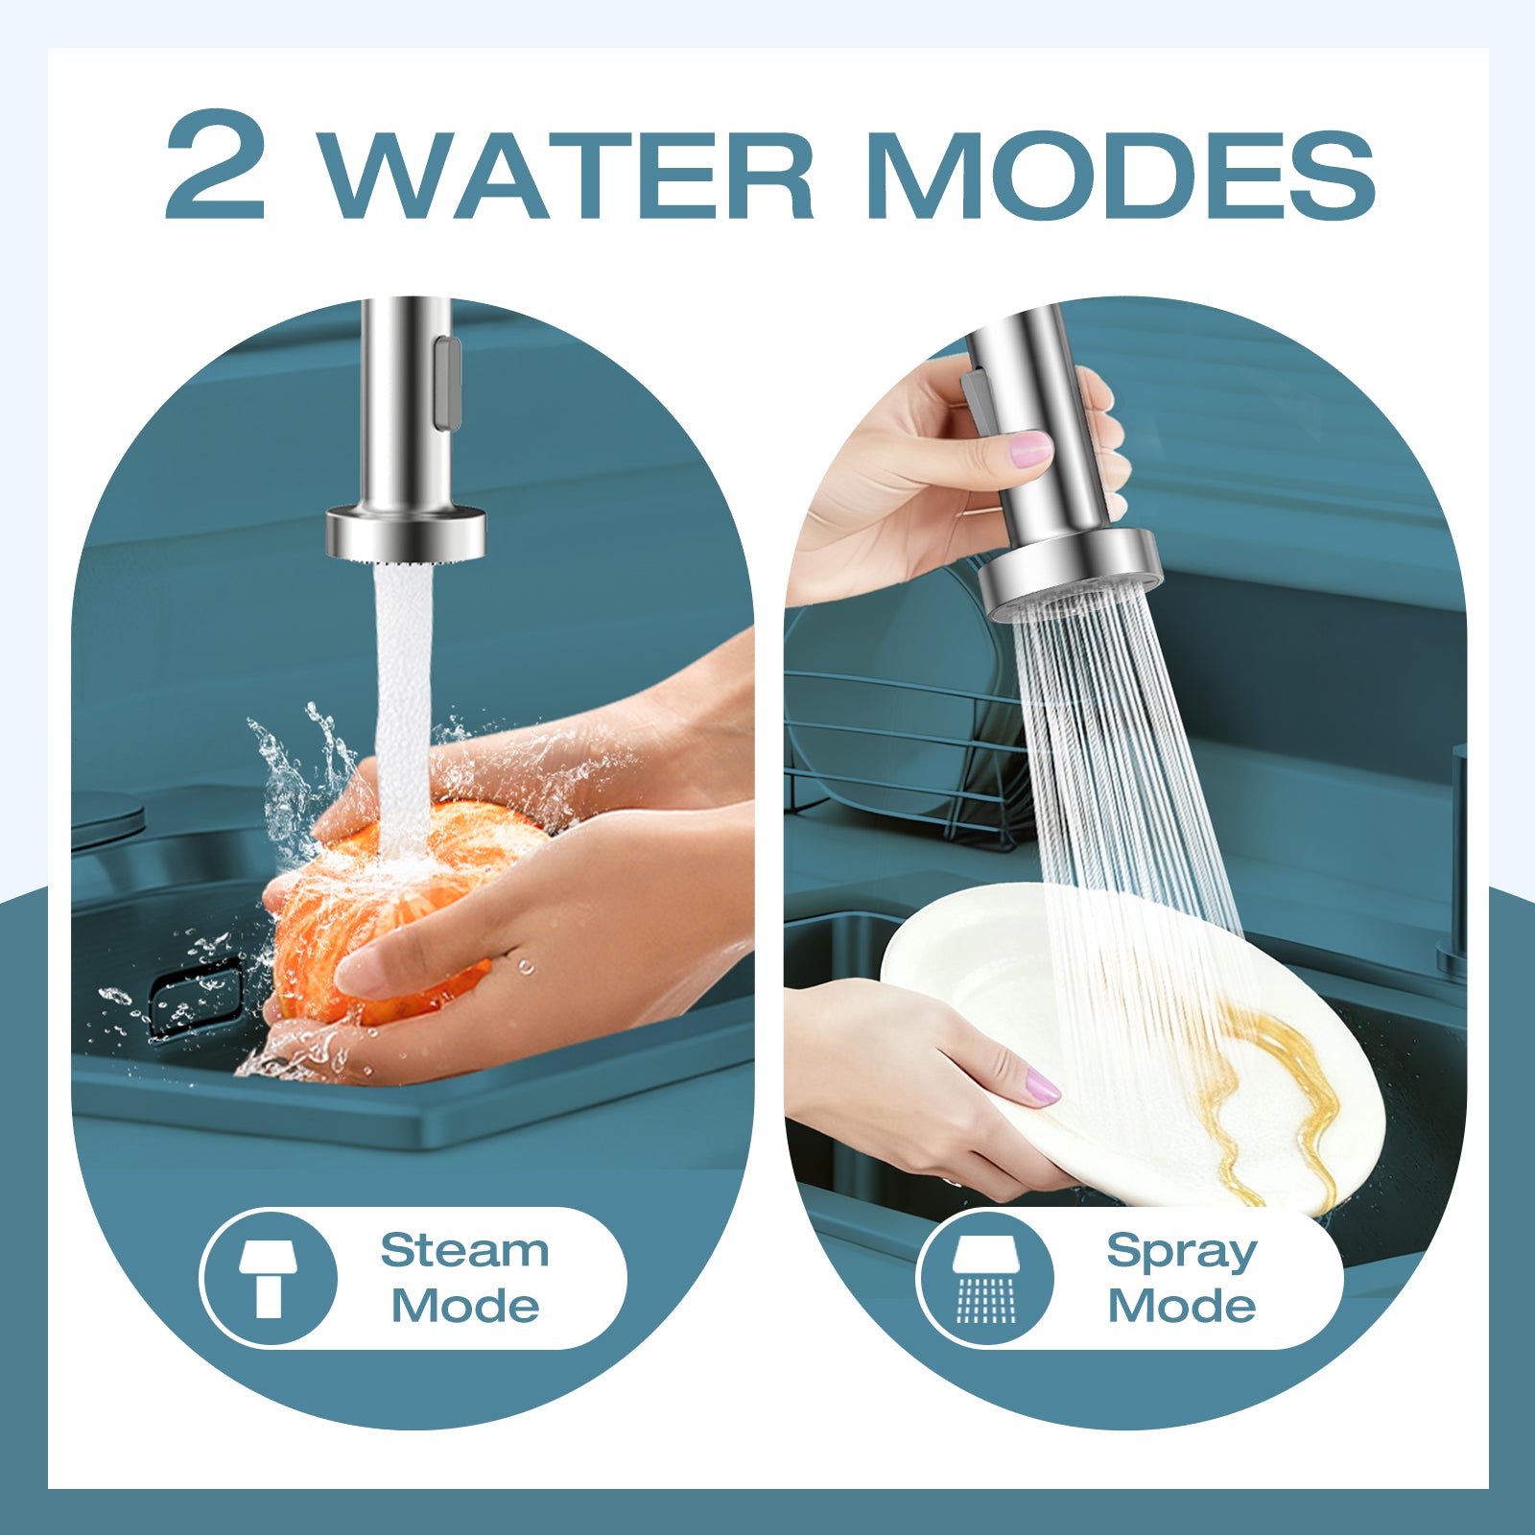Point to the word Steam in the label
(464, 1250)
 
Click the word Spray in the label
(1181, 1251)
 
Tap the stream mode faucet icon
(269, 1278)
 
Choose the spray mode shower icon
(985, 1278)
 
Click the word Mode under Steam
(464, 1306)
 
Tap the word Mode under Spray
(1181, 1306)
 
